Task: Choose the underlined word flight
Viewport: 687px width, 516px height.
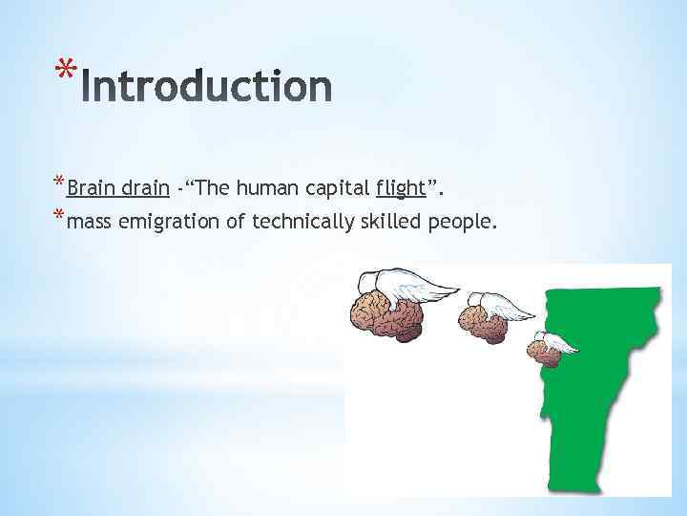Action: [401, 188]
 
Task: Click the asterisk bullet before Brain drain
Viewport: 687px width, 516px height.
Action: [59, 182]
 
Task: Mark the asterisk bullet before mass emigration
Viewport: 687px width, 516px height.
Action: [59, 216]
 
